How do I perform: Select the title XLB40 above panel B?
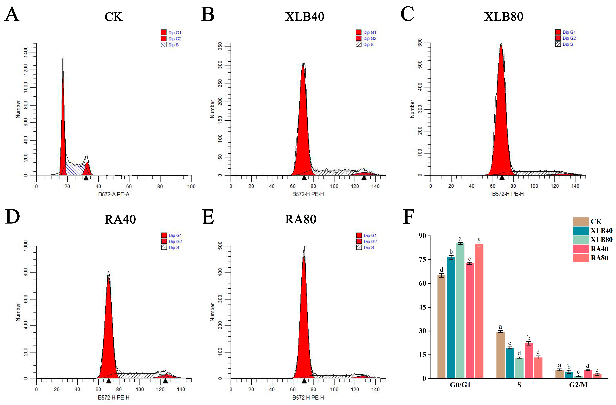[304, 17]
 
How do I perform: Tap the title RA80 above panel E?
[301, 219]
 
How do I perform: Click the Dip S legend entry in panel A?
[170, 45]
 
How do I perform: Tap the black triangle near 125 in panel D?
[165, 381]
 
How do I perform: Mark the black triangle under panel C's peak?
[502, 177]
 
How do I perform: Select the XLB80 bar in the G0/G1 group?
[460, 311]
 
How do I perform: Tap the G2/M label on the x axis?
[578, 385]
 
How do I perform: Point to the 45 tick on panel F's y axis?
[422, 307]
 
